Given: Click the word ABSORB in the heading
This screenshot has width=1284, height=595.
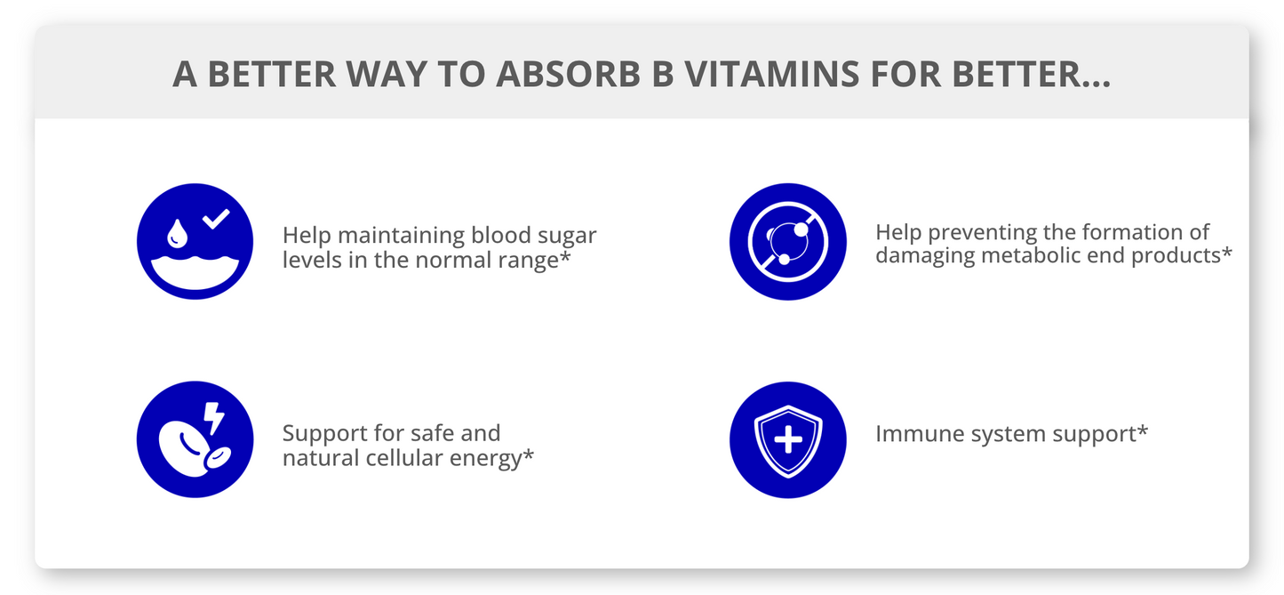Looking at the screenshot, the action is click(x=568, y=74).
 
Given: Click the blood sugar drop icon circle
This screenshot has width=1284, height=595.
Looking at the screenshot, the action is click(x=195, y=242).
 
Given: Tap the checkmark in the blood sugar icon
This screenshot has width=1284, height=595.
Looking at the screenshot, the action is click(x=216, y=218).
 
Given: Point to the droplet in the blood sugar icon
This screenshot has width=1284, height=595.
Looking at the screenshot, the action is click(x=177, y=233).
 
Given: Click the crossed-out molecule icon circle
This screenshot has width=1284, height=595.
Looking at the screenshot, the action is click(x=787, y=242).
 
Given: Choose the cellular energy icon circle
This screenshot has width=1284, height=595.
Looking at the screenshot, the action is click(x=195, y=439).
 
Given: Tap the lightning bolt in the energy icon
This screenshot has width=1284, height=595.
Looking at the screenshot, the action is click(x=214, y=418).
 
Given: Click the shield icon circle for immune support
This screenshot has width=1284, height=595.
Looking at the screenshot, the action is click(x=787, y=440).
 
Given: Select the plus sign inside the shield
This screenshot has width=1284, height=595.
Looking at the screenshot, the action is click(x=788, y=440).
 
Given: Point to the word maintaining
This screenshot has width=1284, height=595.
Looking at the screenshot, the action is click(x=402, y=236).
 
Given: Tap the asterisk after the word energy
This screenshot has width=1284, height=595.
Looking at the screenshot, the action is click(x=528, y=454).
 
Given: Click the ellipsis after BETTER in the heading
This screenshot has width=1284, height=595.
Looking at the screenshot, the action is click(x=1094, y=84).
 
